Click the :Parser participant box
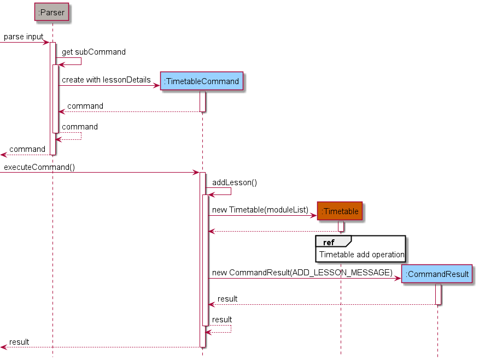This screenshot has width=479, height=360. (x=51, y=12)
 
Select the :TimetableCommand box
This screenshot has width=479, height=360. (x=201, y=81)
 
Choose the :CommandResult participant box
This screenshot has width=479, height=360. (x=437, y=274)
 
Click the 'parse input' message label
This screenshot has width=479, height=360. (x=24, y=37)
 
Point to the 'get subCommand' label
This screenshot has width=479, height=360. (x=94, y=52)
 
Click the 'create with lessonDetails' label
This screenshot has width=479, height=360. (x=106, y=80)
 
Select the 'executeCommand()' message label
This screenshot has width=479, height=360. (x=39, y=167)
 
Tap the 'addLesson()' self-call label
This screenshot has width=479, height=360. (x=235, y=182)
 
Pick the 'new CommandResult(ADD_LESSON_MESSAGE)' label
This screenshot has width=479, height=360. (x=302, y=272)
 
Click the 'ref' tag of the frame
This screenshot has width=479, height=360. (x=329, y=242)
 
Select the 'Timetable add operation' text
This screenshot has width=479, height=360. (x=361, y=255)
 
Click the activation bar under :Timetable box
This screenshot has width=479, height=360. (x=340, y=226)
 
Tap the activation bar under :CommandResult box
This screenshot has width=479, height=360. (x=438, y=294)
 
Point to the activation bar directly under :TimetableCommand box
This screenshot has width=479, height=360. (x=202, y=101)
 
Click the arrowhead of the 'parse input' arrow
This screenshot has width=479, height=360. (x=46, y=42)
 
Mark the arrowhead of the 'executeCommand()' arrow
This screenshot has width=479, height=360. (x=196, y=173)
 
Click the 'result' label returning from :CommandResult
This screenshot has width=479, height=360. (x=227, y=299)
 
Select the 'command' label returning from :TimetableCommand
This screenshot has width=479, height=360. (x=85, y=106)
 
